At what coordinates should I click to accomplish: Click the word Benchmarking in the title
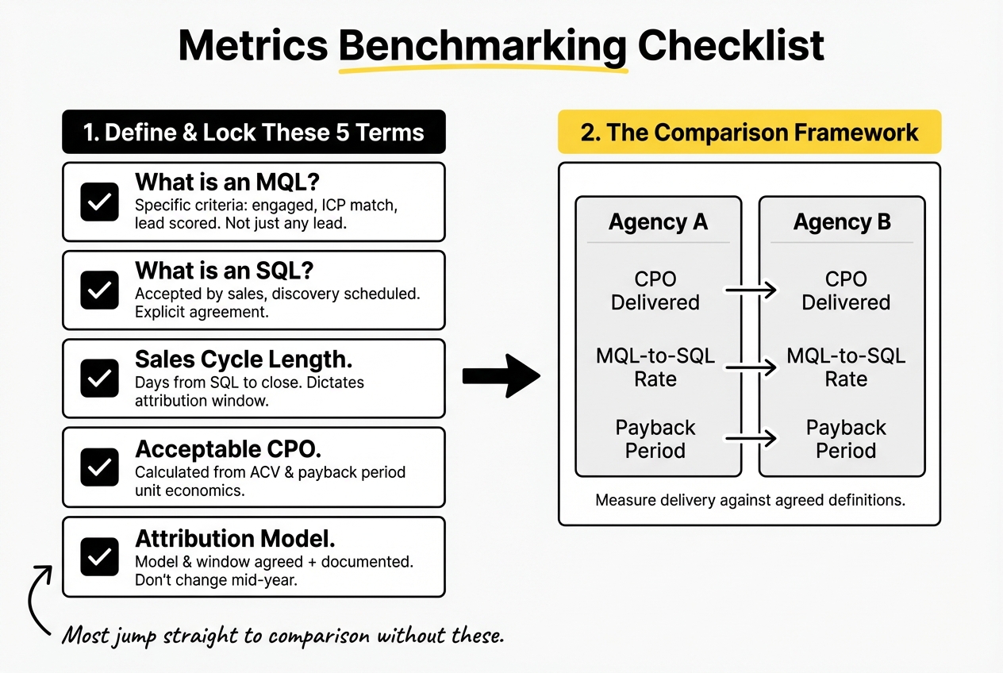[x=483, y=46]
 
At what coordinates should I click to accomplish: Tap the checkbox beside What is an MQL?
[x=100, y=202]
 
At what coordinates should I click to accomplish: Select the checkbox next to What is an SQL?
[x=100, y=290]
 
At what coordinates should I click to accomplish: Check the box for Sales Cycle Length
[x=100, y=379]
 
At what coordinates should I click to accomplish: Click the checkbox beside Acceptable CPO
[x=100, y=467]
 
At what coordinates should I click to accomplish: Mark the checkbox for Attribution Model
[x=100, y=556]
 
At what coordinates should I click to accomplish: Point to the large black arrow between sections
[x=500, y=375]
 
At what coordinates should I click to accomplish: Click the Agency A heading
[x=658, y=222]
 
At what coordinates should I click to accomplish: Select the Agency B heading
[x=842, y=222]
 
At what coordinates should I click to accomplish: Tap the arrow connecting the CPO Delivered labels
[x=751, y=290]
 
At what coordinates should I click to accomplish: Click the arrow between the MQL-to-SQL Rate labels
[x=751, y=367]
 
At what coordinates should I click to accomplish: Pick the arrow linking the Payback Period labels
[x=751, y=437]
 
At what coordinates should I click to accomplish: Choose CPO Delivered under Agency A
[x=655, y=290]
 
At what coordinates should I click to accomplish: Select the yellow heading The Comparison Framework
[x=749, y=132]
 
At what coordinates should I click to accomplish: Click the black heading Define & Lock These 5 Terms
[x=254, y=132]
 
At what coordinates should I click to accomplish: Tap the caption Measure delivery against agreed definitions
[x=749, y=501]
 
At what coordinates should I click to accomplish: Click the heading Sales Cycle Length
[x=244, y=360]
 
